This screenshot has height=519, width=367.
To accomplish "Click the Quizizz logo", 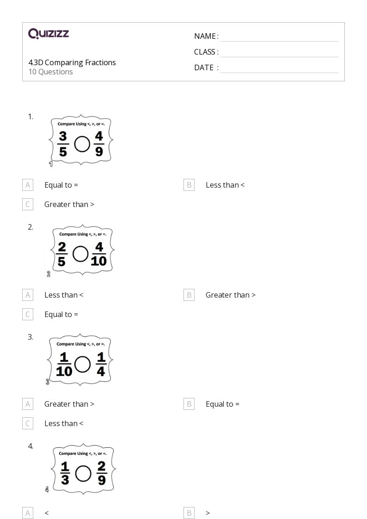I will click(x=49, y=33).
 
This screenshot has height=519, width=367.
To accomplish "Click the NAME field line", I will click(x=279, y=37).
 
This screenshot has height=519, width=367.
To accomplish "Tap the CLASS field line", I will click(x=279, y=52).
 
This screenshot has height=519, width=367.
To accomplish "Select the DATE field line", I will click(x=279, y=68).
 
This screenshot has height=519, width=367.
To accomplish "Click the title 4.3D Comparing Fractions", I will click(x=72, y=62).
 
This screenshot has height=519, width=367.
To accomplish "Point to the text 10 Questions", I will click(x=51, y=72).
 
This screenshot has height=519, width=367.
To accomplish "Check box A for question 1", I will click(x=28, y=185).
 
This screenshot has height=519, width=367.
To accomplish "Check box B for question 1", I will click(x=189, y=185).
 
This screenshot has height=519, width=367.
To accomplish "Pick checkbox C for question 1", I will click(x=28, y=204).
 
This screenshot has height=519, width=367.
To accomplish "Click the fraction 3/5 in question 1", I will click(x=63, y=144).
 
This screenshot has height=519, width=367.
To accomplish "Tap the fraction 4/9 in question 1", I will click(x=99, y=144).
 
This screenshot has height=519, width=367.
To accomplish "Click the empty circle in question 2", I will click(x=81, y=254).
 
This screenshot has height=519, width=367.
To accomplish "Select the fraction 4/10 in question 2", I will click(x=98, y=254).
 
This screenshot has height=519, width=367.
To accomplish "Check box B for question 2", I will click(x=189, y=295).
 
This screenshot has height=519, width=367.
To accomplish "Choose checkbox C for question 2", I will click(x=28, y=314).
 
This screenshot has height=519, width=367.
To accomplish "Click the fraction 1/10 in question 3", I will click(x=64, y=364).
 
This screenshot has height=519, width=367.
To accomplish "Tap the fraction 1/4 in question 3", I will click(x=101, y=364).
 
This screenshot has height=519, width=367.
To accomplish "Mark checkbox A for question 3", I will click(x=28, y=404).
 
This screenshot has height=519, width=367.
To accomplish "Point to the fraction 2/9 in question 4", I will click(x=102, y=474).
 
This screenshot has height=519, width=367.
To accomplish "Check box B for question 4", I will click(x=189, y=513).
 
